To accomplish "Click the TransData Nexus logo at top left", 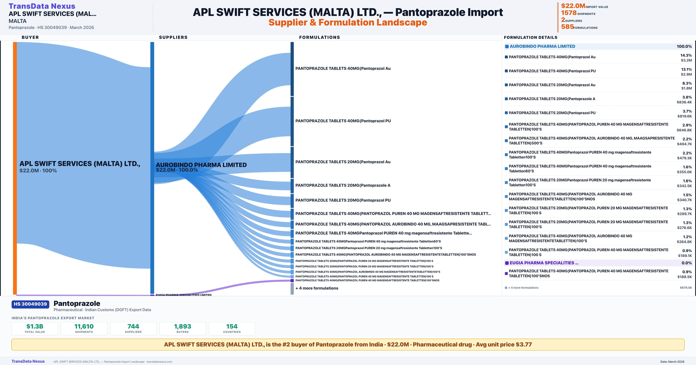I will click(x=42, y=6).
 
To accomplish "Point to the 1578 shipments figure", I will click(x=569, y=13).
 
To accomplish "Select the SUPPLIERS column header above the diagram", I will click(x=173, y=37).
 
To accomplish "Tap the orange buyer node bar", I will click(x=15, y=167).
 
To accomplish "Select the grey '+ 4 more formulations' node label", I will click(x=317, y=288).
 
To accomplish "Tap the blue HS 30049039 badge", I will click(x=30, y=304).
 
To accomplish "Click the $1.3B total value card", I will click(x=35, y=328).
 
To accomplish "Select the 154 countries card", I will click(x=232, y=328).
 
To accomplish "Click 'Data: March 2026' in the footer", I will click(x=672, y=362).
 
